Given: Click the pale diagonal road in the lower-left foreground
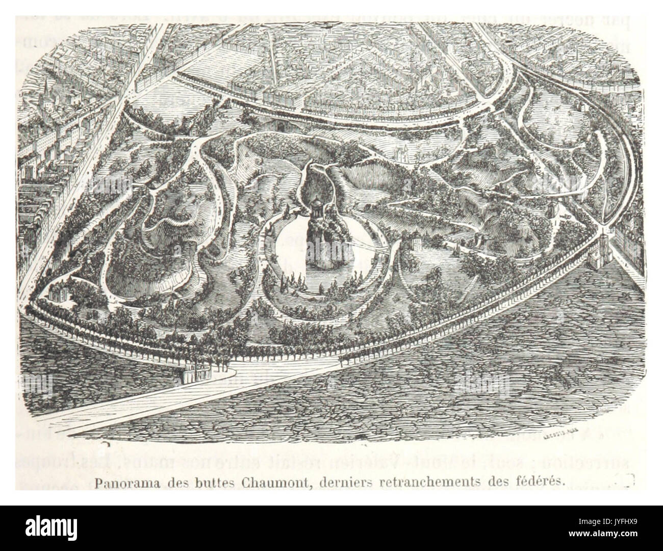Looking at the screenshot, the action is click(153, 398).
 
